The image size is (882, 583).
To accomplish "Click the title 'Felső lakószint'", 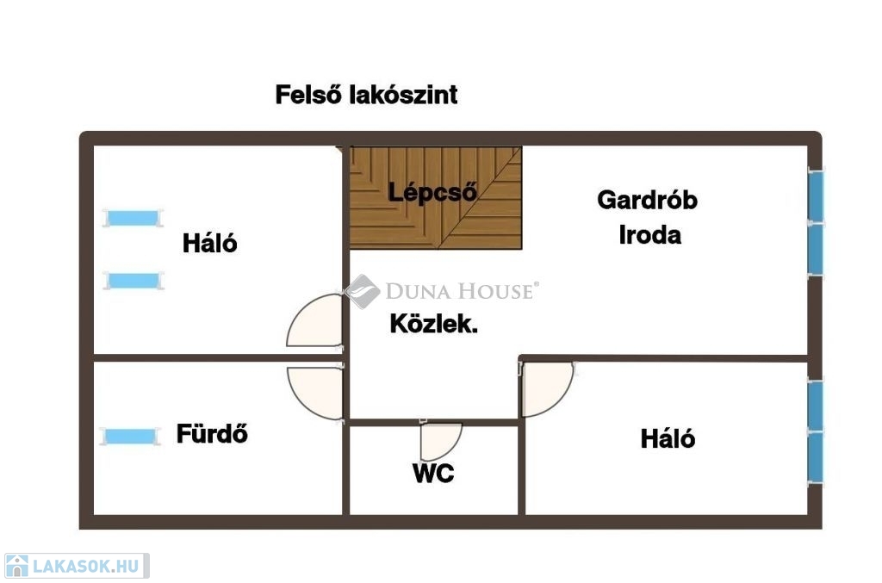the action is click(366, 95).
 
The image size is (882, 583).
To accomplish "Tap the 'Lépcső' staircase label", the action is click(432, 193).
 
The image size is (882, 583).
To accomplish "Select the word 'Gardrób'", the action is click(648, 200).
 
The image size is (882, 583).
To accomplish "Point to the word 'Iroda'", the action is click(649, 235).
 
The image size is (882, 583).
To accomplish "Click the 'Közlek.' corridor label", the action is click(434, 324).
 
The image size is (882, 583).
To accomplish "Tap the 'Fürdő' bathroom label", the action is click(212, 433).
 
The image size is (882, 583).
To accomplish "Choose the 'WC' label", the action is click(433, 474).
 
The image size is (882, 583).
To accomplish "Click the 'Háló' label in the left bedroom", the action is click(210, 243).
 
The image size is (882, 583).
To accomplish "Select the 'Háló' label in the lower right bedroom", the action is click(668, 438).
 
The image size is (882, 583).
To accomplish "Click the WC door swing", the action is click(441, 441).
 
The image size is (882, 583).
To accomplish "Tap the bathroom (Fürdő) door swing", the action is click(314, 393).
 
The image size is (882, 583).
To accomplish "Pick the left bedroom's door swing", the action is click(314, 319).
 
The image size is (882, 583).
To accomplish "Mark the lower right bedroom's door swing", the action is click(547, 389).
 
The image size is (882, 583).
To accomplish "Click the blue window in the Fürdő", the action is click(130, 437).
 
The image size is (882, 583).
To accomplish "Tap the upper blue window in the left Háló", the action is click(133, 218).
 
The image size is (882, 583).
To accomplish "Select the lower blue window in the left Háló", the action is click(134, 280).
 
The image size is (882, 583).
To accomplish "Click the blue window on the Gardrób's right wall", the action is click(816, 223).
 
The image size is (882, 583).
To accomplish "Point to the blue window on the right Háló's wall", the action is click(816, 431).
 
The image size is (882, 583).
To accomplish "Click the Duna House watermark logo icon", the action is click(363, 291).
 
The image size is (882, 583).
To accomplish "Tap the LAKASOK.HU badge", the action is click(77, 566).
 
